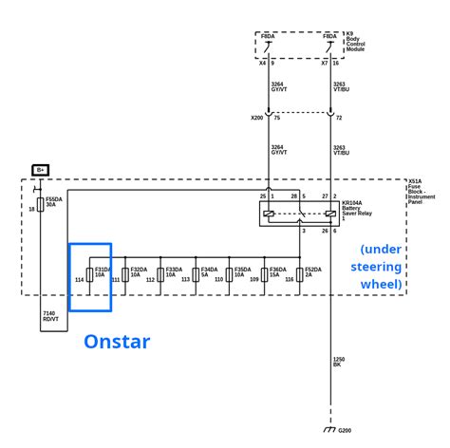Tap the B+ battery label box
(41, 169)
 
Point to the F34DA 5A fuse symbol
(194, 274)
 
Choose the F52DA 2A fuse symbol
(299, 274)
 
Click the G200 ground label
(345, 432)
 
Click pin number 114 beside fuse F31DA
(79, 280)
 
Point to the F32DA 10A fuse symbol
(123, 274)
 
